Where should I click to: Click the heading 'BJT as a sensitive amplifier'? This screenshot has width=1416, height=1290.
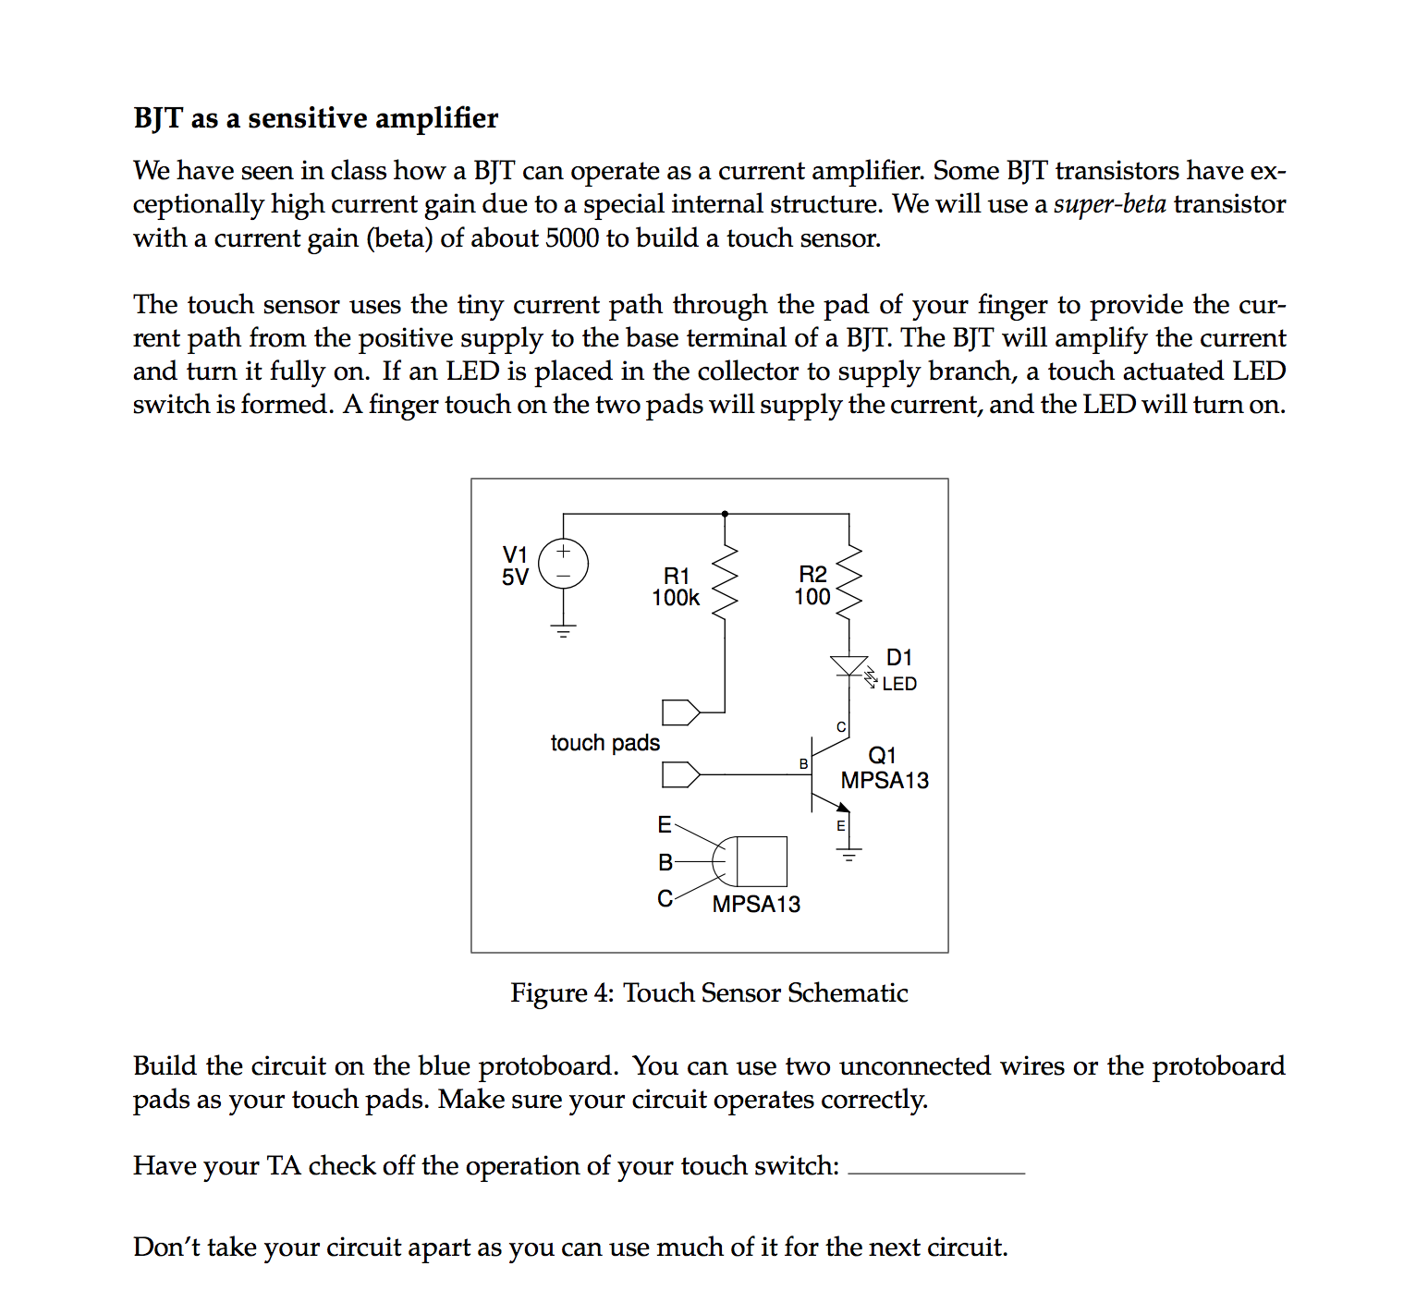(x=315, y=118)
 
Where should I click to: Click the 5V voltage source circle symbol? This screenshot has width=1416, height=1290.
(x=563, y=564)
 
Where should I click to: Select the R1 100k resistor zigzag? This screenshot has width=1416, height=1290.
(x=725, y=582)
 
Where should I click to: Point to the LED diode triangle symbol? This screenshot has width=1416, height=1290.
(x=848, y=665)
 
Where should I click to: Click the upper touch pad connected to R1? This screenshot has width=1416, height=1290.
(x=681, y=712)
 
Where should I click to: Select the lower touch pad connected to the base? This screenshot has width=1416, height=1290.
(x=681, y=774)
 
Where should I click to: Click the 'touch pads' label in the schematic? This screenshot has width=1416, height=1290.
(x=604, y=743)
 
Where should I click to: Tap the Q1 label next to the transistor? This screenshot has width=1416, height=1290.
(x=882, y=755)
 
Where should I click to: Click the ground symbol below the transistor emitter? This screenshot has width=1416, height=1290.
(x=848, y=854)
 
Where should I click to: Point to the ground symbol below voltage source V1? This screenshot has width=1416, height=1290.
(x=563, y=632)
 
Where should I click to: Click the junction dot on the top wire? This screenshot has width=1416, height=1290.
(x=725, y=514)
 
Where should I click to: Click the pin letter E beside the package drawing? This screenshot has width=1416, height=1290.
(x=665, y=824)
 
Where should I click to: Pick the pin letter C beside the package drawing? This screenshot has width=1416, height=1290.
(x=665, y=898)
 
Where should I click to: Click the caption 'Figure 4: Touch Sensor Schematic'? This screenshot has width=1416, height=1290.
(x=709, y=992)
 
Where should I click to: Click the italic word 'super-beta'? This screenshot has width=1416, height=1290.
(x=1109, y=204)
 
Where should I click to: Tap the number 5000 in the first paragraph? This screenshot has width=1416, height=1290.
(x=572, y=238)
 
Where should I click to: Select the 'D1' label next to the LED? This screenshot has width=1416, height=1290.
(x=898, y=657)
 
